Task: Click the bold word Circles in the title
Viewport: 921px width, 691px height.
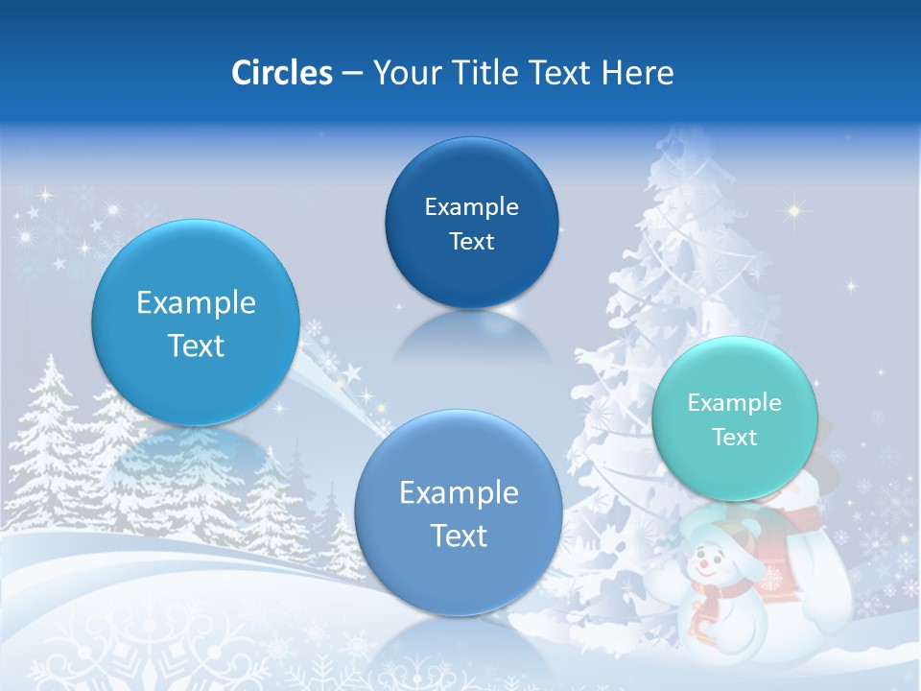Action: click(x=281, y=73)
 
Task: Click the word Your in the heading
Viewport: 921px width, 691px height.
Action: click(x=403, y=73)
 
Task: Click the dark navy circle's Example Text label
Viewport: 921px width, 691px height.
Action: click(x=471, y=224)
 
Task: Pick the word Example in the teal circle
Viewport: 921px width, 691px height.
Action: click(x=734, y=403)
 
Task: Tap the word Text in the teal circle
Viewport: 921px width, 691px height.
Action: click(x=734, y=438)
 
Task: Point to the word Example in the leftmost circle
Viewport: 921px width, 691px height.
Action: click(x=196, y=303)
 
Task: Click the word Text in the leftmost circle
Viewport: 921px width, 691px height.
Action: click(x=196, y=345)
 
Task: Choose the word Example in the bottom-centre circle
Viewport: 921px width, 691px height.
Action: click(x=459, y=493)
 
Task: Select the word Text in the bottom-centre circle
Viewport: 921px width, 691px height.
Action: click(x=459, y=536)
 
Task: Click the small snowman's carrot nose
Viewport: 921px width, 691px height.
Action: click(x=707, y=565)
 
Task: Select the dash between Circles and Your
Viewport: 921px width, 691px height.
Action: click(x=352, y=74)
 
